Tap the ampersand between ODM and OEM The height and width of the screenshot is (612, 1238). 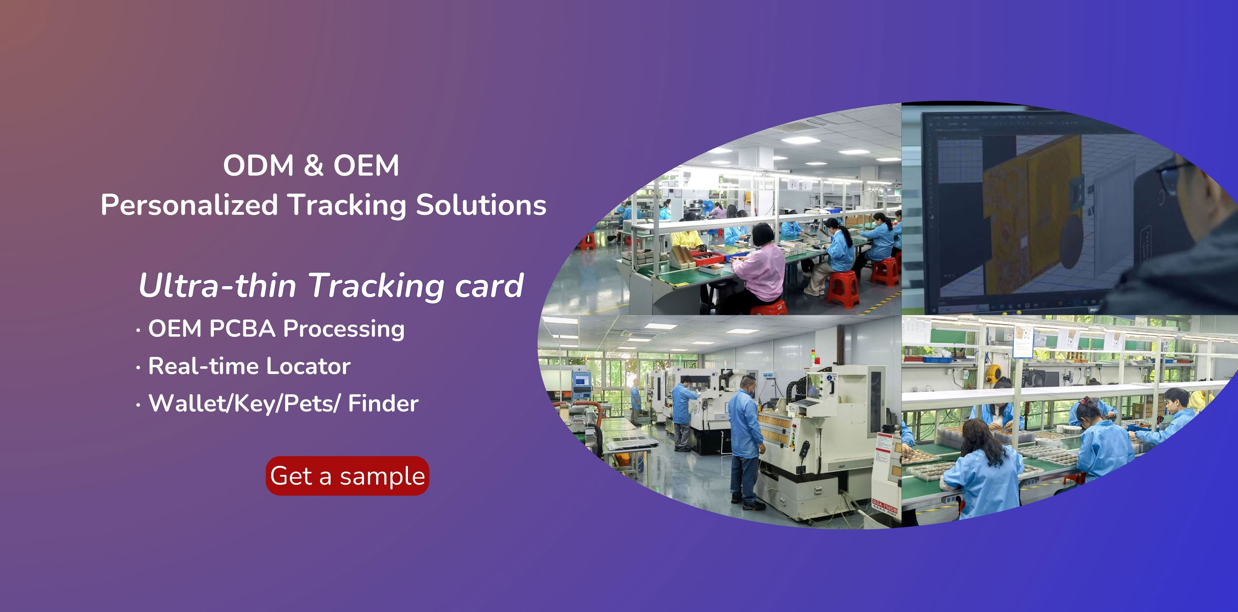pos(313,165)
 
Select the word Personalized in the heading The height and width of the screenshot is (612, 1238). pos(189,206)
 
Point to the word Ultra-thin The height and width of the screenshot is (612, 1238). pos(217,285)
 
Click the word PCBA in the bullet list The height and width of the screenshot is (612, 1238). pos(242,329)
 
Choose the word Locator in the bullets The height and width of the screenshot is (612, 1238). pos(308,366)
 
